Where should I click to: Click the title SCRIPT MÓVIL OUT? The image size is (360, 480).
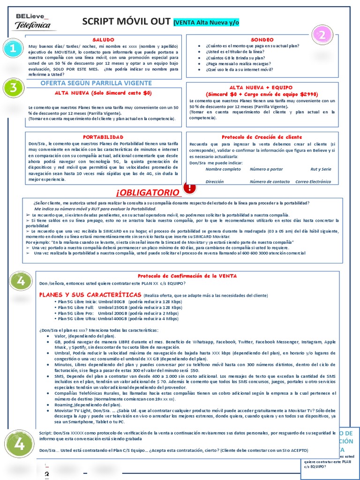point(126,22)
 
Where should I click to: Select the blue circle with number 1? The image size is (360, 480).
point(13,48)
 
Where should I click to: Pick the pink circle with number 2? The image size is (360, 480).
point(323,34)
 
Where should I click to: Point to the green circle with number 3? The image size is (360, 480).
point(14,88)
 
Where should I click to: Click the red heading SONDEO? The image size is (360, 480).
point(262,40)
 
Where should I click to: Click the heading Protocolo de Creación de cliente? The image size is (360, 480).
point(262,137)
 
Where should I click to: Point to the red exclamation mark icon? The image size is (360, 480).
point(190,188)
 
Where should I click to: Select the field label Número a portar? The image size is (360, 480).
point(266,169)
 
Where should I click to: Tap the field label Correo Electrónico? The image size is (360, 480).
point(313,181)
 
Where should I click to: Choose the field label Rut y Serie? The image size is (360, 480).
point(321,169)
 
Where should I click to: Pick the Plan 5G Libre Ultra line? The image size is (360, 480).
point(116,319)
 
